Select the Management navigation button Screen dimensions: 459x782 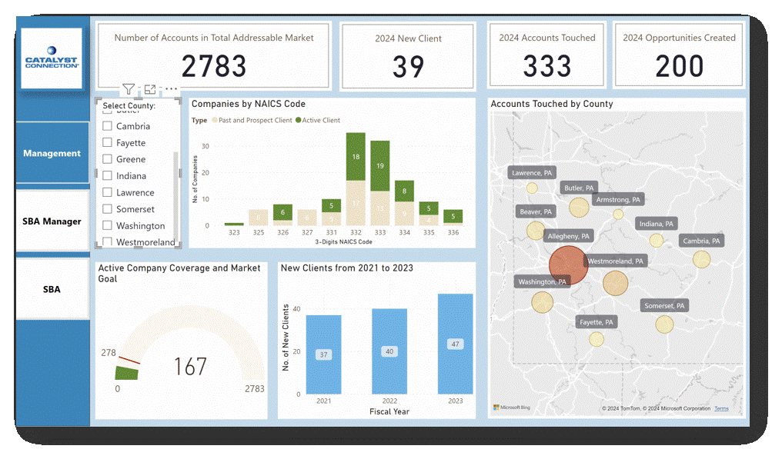[52, 153]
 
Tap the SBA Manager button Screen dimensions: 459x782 [52, 221]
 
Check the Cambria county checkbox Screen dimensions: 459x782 [108, 126]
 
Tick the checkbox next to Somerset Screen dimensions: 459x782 [108, 209]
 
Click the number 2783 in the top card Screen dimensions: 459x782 [214, 66]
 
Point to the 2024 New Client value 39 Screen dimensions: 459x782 [408, 67]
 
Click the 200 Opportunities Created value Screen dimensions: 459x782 [679, 67]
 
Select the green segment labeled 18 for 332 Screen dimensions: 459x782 [356, 157]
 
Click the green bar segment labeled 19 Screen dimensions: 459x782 [380, 165]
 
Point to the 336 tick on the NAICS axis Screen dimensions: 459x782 [453, 231]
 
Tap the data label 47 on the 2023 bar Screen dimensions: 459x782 [455, 344]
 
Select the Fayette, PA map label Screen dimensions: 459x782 [597, 322]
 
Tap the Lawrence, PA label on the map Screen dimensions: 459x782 [532, 173]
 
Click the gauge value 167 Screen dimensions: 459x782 [189, 366]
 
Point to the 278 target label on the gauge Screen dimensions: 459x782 [109, 353]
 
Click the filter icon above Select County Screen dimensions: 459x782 [129, 90]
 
